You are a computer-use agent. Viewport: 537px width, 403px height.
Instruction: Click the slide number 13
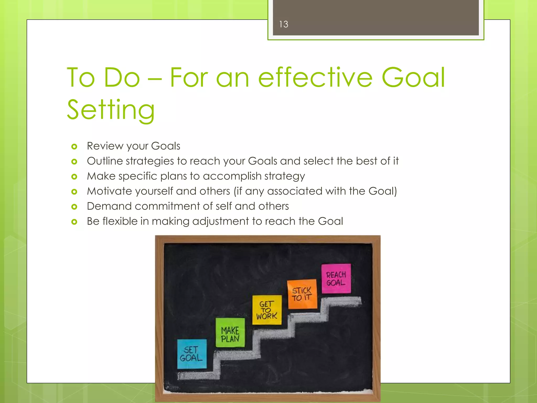(283, 24)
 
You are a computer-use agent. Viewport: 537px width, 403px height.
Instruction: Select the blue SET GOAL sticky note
(192, 354)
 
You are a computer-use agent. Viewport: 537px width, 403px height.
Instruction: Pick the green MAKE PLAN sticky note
(230, 332)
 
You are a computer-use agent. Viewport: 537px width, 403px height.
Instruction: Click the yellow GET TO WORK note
(267, 310)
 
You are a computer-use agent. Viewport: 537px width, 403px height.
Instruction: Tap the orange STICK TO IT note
(302, 294)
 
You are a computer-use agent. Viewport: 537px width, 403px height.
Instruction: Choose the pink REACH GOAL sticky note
(336, 278)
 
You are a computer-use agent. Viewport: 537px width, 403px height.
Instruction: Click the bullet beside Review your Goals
(74, 146)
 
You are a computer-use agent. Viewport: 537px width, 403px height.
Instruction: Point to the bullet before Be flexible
(74, 222)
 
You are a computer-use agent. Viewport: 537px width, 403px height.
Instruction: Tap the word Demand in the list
(109, 206)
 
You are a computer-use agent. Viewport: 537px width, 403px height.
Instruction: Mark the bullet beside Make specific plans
(74, 177)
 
